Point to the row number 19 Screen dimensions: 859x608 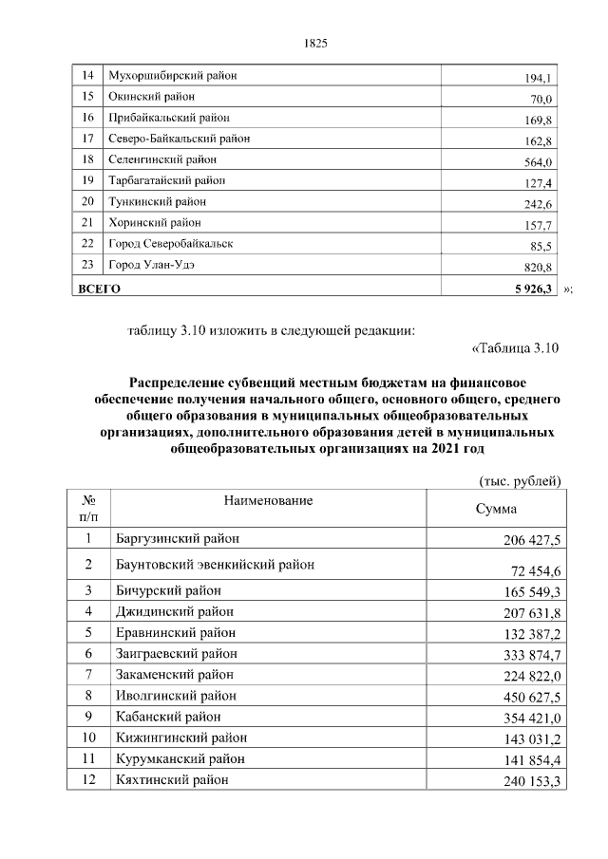(x=87, y=180)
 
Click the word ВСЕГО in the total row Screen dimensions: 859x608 (x=99, y=288)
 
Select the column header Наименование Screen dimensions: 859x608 (x=268, y=499)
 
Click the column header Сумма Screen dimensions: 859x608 (x=495, y=509)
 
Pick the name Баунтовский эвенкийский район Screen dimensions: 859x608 (x=215, y=565)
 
